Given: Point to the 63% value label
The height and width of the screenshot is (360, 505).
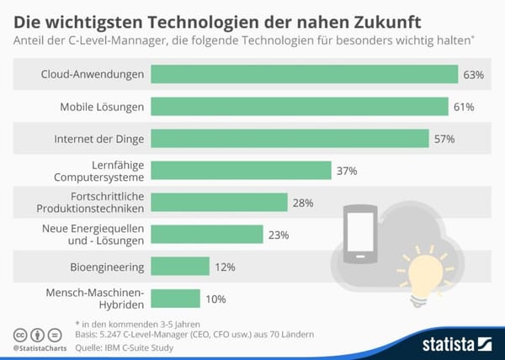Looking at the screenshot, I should coord(473,75).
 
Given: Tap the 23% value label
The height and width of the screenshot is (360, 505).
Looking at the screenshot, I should coord(277,235).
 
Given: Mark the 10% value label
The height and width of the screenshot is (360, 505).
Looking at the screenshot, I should coord(215,299).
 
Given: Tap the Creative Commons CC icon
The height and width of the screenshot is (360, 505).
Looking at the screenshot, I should coord(20,333).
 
